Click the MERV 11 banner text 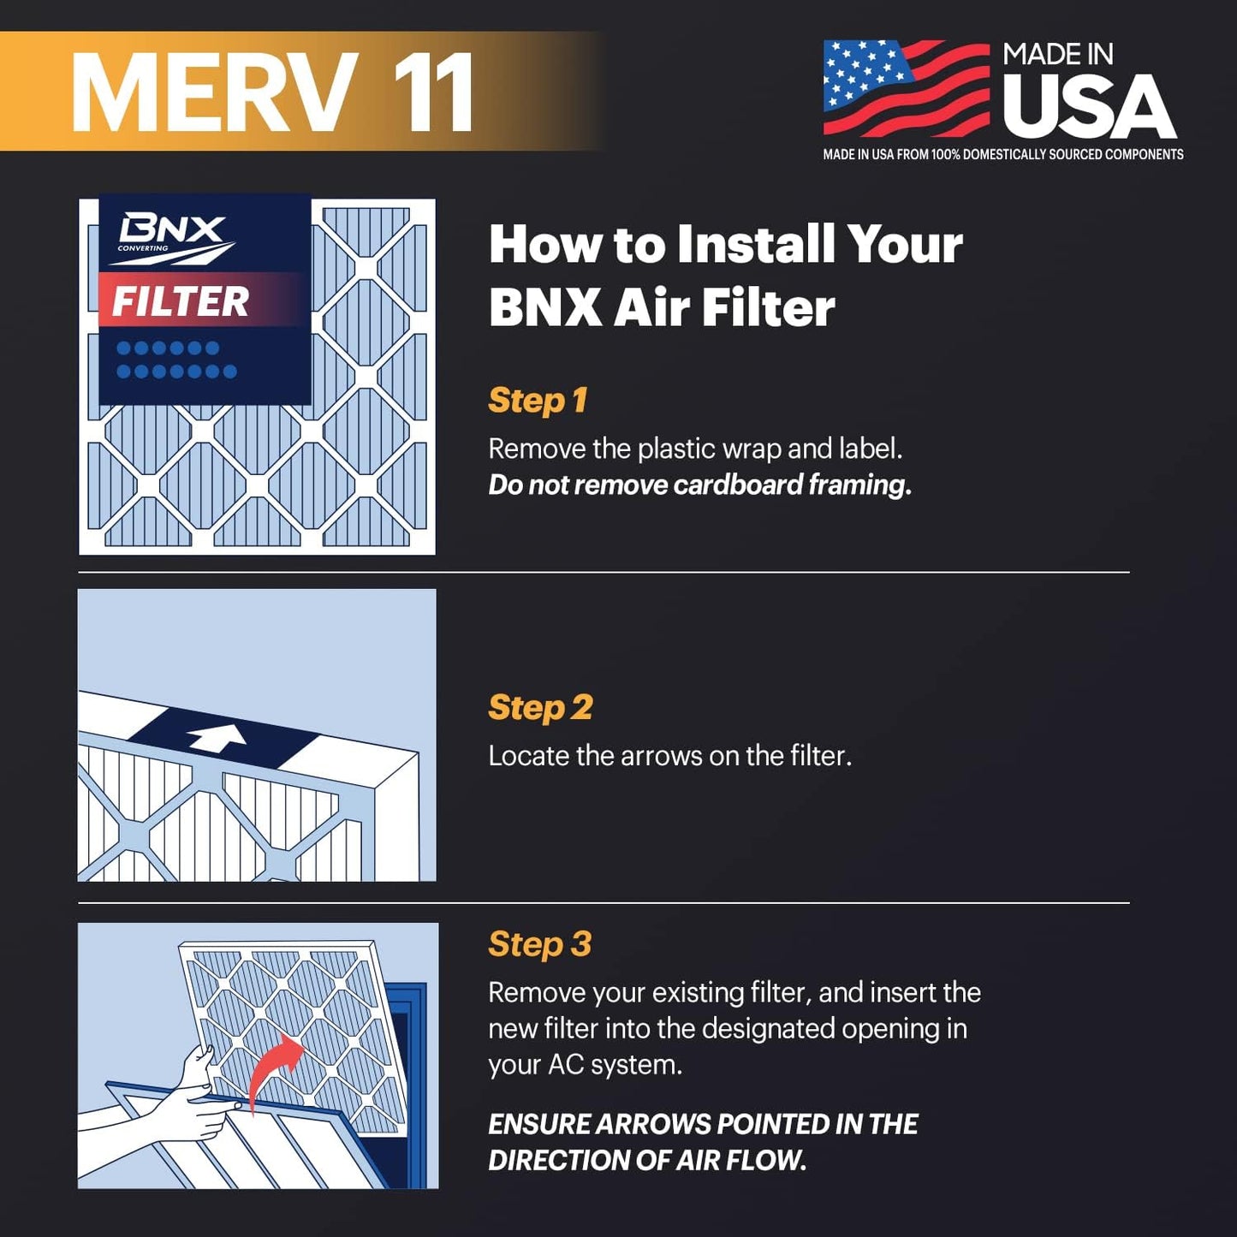point(272,92)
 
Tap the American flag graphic point(906,88)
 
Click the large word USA point(1089,107)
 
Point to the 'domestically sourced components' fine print point(1002,155)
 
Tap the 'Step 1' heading point(538,401)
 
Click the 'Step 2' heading point(540,708)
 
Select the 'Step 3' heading point(539,944)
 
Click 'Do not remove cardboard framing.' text point(699,485)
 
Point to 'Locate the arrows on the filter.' point(669,756)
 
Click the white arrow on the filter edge point(217,737)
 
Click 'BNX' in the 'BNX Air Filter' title point(545,308)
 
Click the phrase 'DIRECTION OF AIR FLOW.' point(647,1161)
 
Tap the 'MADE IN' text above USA point(1057,55)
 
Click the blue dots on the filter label point(176,360)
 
